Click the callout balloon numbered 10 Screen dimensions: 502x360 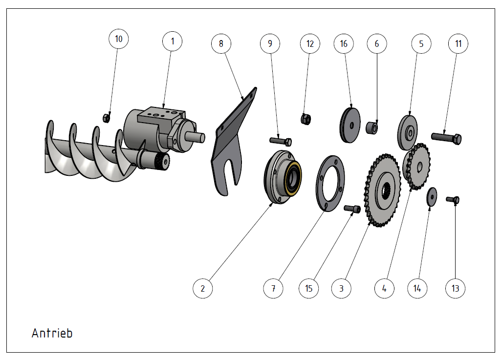pyautogui.click(x=118, y=39)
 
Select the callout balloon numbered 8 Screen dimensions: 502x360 pyautogui.click(x=221, y=43)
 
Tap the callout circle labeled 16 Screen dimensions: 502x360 pyautogui.click(x=344, y=43)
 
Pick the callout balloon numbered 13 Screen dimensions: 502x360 pyautogui.click(x=455, y=288)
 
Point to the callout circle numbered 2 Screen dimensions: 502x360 pyautogui.click(x=203, y=288)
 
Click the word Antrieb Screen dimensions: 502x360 pyautogui.click(x=52, y=333)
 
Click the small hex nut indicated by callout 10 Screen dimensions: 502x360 pyautogui.click(x=107, y=118)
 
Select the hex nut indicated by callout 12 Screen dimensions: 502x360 pyautogui.click(x=306, y=119)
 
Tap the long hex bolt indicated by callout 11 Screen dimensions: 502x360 pyautogui.click(x=446, y=138)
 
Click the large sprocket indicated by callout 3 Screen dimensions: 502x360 pyautogui.click(x=382, y=191)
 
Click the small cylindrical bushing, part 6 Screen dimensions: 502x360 pyautogui.click(x=371, y=128)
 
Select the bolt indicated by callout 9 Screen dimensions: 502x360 pyautogui.click(x=281, y=141)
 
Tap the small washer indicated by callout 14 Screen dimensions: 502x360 pyautogui.click(x=432, y=196)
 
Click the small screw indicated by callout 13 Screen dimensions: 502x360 pyautogui.click(x=453, y=200)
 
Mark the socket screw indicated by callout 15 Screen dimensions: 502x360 pyautogui.click(x=352, y=209)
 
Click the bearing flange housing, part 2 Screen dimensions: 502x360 pyautogui.click(x=283, y=177)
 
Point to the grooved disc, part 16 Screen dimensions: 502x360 pyautogui.click(x=349, y=125)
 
